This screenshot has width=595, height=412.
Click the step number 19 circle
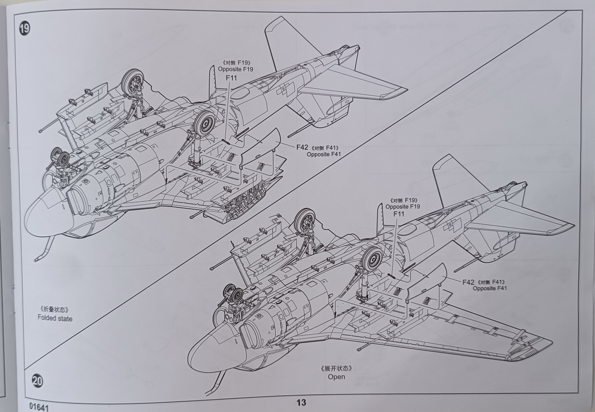pyautogui.click(x=25, y=29)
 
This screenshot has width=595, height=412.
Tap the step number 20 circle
pyautogui.click(x=38, y=381)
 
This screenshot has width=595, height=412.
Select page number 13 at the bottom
pyautogui.click(x=301, y=402)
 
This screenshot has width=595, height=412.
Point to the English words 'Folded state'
pyautogui.click(x=55, y=318)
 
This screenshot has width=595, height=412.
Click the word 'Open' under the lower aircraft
pyautogui.click(x=336, y=377)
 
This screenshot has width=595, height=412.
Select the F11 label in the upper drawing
pyautogui.click(x=231, y=78)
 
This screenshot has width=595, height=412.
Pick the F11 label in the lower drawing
pyautogui.click(x=399, y=214)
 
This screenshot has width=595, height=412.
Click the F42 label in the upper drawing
pyautogui.click(x=302, y=147)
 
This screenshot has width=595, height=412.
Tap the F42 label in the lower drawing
pyautogui.click(x=468, y=282)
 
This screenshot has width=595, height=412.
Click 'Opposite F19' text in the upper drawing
pyautogui.click(x=235, y=69)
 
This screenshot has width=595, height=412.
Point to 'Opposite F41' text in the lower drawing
pyautogui.click(x=490, y=288)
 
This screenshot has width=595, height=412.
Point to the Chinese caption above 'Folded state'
pyautogui.click(x=55, y=309)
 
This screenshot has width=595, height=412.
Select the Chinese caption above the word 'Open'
pyautogui.click(x=336, y=368)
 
